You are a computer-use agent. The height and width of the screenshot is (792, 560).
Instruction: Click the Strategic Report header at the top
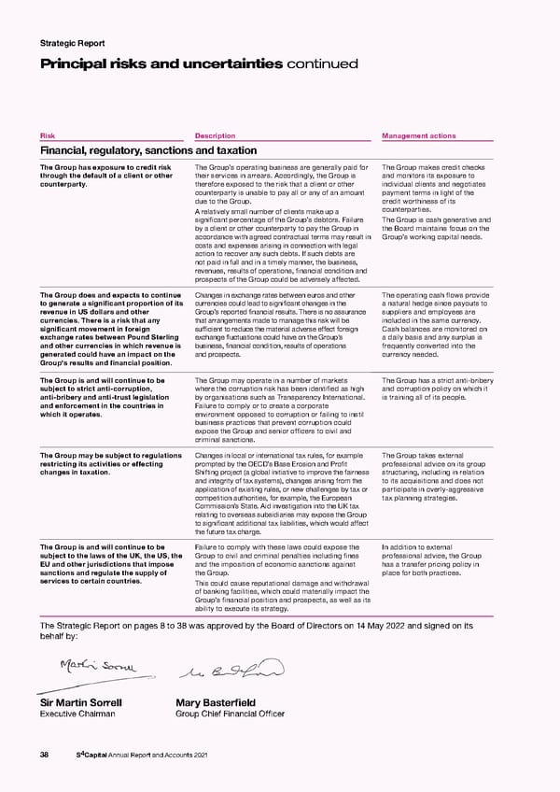72,43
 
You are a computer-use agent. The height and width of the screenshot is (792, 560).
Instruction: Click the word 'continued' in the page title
321,64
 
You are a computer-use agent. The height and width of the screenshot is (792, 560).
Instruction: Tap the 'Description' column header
215,134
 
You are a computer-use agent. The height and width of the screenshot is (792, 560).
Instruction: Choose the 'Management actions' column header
419,134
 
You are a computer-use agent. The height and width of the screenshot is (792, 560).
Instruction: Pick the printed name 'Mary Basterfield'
217,703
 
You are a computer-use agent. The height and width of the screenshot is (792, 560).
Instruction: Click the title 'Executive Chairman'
80,714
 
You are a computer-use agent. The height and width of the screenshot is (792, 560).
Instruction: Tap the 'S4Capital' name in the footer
92,754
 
